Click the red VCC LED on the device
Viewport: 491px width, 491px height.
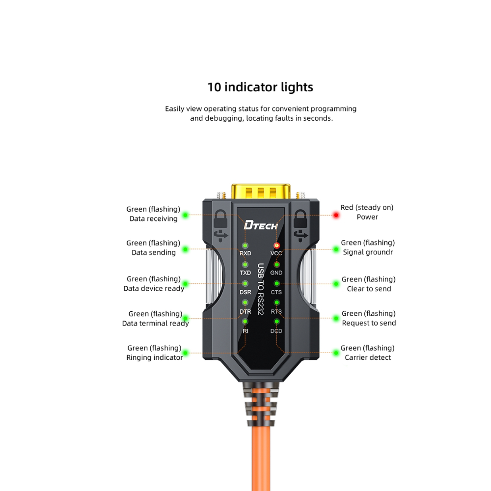point(276,245)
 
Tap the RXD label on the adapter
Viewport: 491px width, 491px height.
point(245,253)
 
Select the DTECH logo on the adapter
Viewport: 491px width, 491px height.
point(261,226)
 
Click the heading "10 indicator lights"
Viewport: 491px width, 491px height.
point(260,87)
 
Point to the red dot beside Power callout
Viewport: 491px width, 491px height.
point(336,215)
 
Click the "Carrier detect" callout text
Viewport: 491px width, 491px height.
point(368,357)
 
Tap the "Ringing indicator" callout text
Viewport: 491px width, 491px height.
point(155,357)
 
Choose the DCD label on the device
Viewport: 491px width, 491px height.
point(276,331)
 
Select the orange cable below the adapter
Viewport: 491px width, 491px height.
point(260,457)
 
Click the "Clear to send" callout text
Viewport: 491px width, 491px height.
point(369,289)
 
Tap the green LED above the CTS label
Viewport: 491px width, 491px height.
point(276,284)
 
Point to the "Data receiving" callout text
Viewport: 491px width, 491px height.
point(154,218)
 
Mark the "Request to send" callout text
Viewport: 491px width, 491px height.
point(369,323)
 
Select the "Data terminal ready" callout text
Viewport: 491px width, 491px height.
point(156,323)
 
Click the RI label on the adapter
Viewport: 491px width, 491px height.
point(245,331)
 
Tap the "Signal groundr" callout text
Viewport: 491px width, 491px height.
point(368,252)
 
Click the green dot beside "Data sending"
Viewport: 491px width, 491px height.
point(186,249)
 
